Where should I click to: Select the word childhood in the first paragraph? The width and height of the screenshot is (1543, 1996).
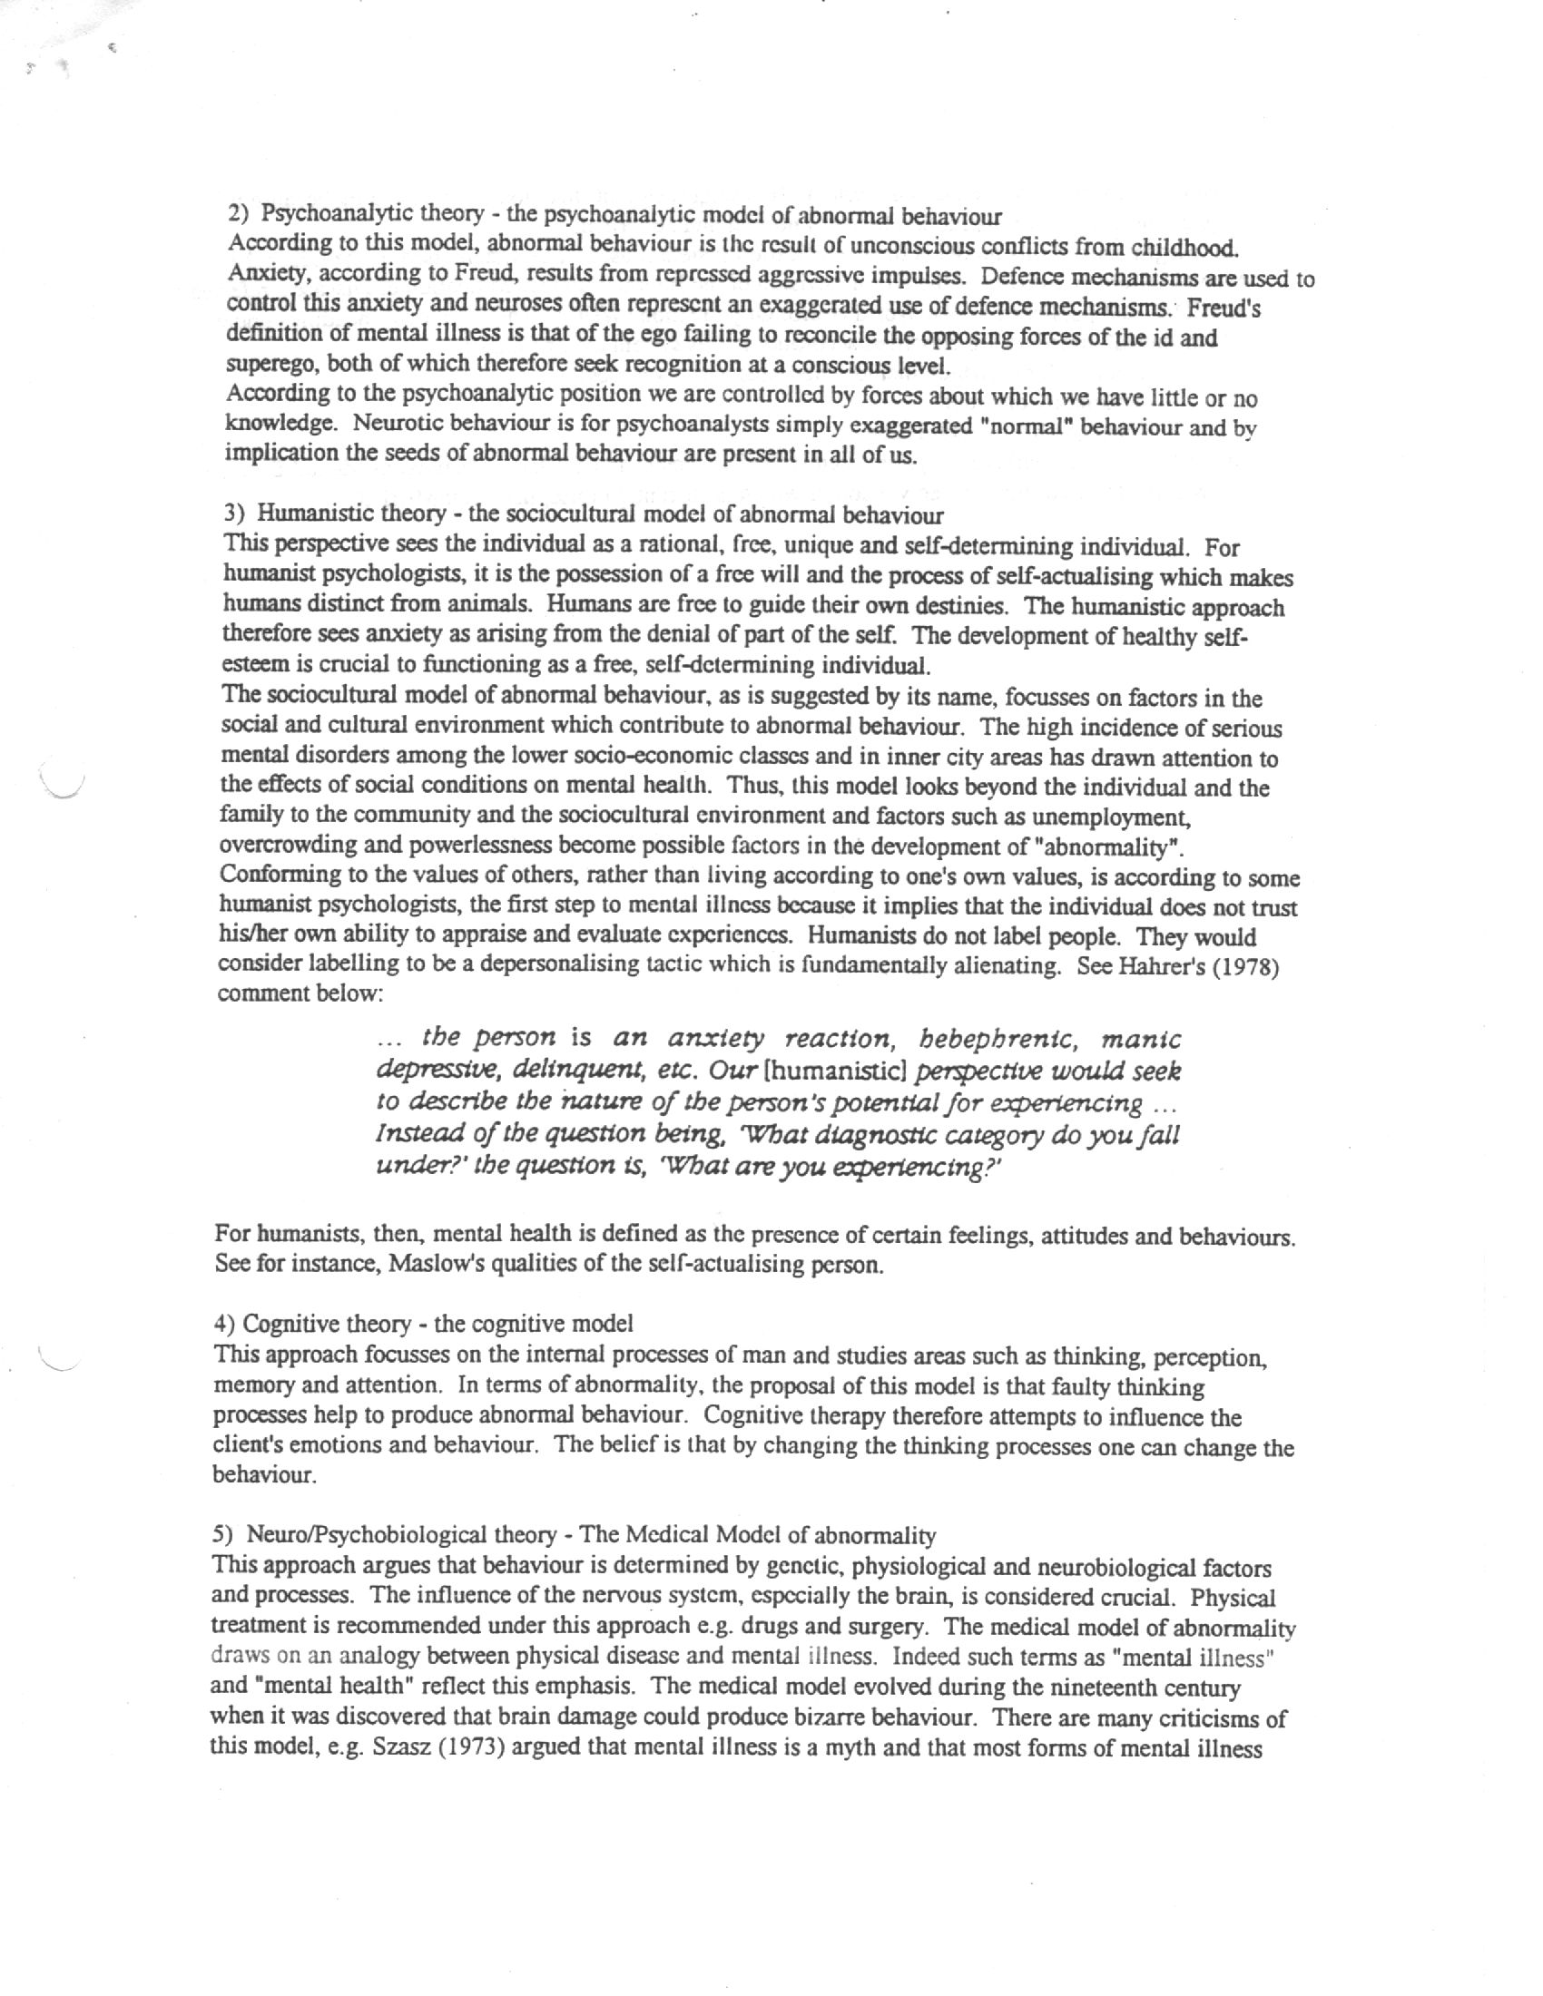point(1184,248)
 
